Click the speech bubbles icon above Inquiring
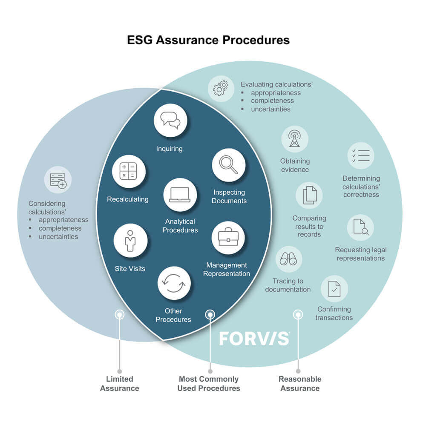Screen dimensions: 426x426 point(170,120)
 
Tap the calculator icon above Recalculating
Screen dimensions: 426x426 point(129,171)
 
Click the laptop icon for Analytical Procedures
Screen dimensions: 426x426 point(180,195)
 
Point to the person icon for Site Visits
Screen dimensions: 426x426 point(130,241)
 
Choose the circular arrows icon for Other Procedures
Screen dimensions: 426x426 point(174,283)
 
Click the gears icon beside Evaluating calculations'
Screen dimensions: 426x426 point(221,89)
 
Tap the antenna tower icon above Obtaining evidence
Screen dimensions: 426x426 point(294,139)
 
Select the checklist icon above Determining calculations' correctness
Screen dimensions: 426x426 point(361,155)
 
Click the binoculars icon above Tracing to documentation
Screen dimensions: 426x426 point(288,259)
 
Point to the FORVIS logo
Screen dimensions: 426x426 point(254,338)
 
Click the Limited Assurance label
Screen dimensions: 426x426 point(120,383)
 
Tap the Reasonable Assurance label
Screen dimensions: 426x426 point(300,383)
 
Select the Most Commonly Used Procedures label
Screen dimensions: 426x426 point(209,383)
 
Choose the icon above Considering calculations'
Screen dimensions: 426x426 point(58,180)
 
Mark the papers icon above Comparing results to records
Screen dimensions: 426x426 point(309,196)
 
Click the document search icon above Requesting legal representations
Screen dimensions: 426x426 point(360,227)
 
